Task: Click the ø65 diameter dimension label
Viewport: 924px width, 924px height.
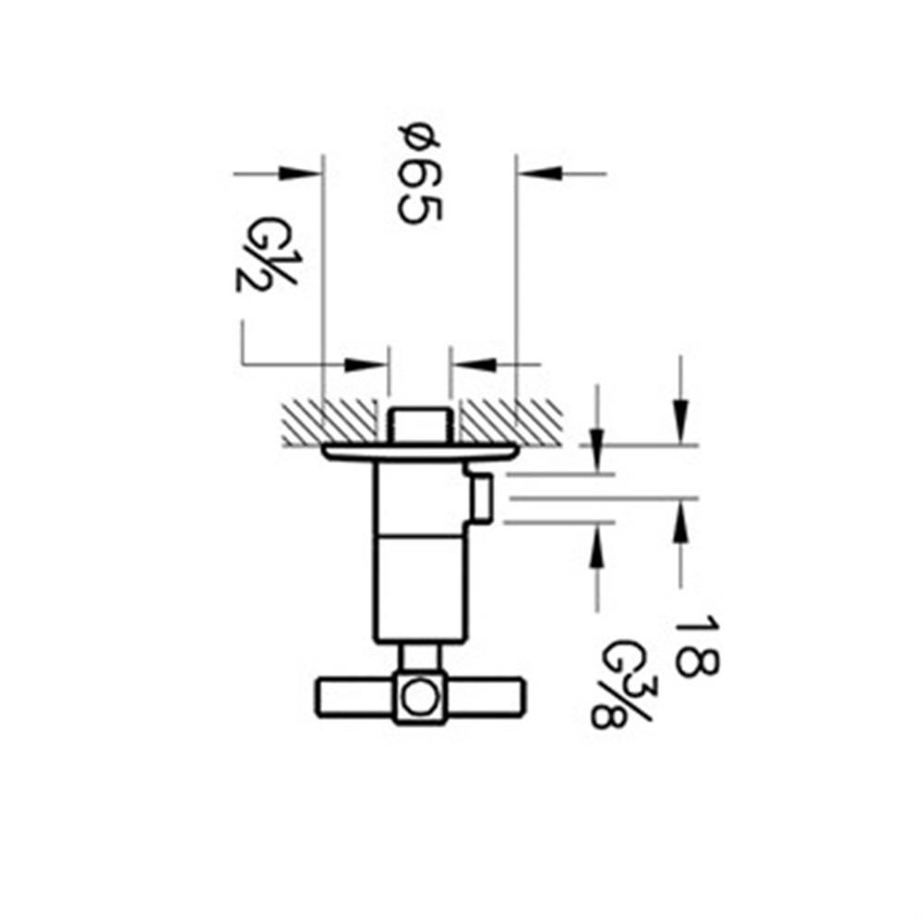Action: pos(420,174)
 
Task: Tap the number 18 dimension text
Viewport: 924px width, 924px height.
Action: pos(693,645)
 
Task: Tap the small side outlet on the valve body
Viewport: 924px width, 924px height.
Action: pos(481,498)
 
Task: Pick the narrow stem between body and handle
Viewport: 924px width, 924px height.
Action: pos(420,657)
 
